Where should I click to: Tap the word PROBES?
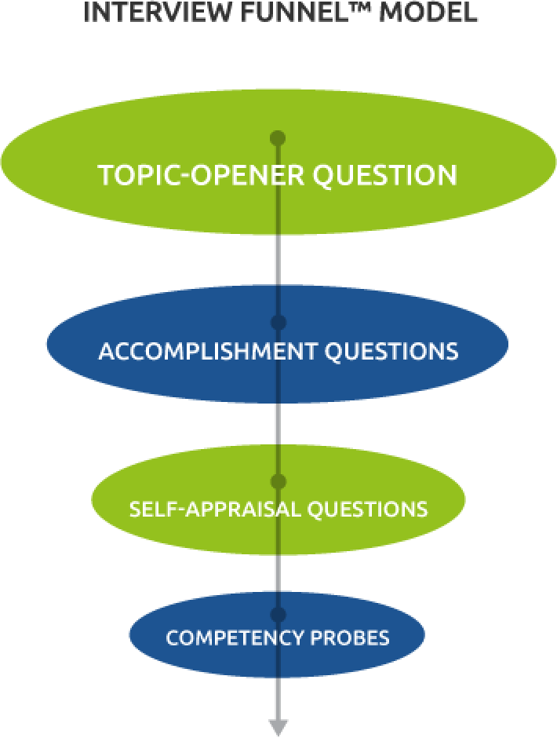350,638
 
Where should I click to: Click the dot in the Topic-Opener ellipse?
277,139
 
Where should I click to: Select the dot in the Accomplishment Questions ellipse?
278,322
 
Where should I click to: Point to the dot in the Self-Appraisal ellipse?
278,481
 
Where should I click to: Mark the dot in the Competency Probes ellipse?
278,614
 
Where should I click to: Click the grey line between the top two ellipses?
278,259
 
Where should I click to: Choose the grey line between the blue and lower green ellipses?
278,424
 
